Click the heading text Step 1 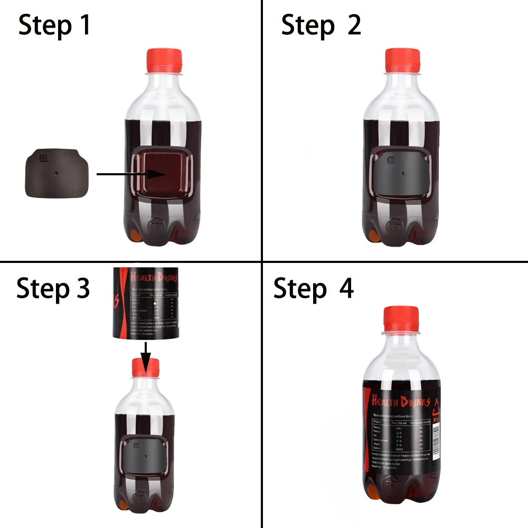coord(54,25)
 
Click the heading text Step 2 coord(321,25)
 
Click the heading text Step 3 coord(53,288)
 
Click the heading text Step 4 coord(314,289)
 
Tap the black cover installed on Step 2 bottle coord(402,174)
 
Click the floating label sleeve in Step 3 coord(145,304)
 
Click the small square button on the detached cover coord(44,157)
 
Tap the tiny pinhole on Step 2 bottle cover coord(402,172)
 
